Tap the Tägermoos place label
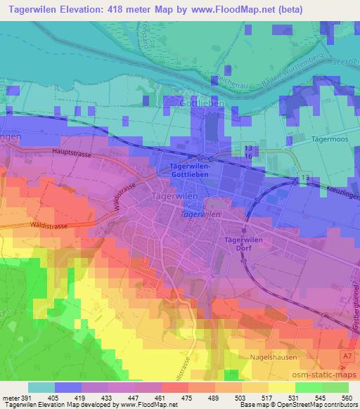click(330, 139)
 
